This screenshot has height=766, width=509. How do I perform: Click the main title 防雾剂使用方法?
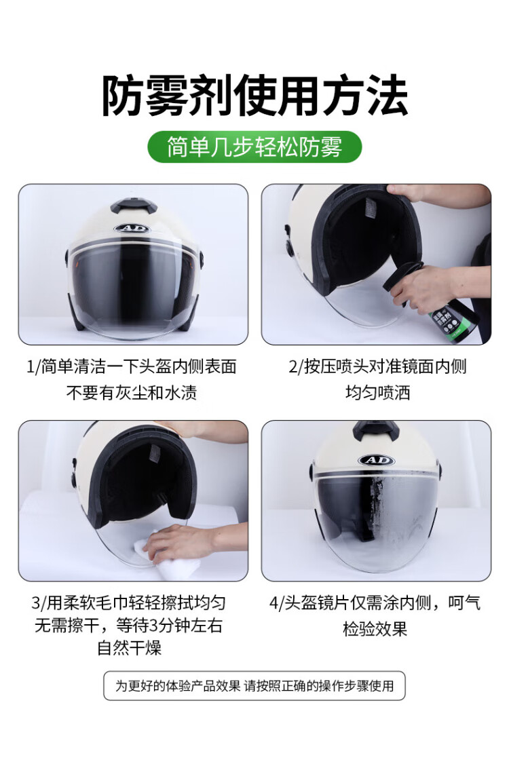pyautogui.click(x=254, y=95)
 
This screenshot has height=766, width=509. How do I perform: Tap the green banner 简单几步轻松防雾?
pyautogui.click(x=254, y=147)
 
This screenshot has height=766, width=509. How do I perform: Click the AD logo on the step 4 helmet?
pyautogui.click(x=376, y=460)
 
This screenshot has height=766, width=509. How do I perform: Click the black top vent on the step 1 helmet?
pyautogui.click(x=133, y=208)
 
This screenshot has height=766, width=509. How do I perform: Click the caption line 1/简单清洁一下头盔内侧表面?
pyautogui.click(x=132, y=366)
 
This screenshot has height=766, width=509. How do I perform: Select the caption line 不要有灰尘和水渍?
pyautogui.click(x=132, y=392)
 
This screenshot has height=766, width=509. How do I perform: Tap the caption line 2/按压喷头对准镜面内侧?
pyautogui.click(x=377, y=366)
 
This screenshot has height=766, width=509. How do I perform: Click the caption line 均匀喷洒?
pyautogui.click(x=377, y=392)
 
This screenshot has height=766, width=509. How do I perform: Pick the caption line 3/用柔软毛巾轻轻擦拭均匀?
pyautogui.click(x=128, y=603)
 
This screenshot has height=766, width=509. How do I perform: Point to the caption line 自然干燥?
pyautogui.click(x=130, y=648)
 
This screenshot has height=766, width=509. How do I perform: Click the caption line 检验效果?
pyautogui.click(x=375, y=629)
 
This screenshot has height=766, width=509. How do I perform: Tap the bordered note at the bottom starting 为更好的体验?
pyautogui.click(x=254, y=685)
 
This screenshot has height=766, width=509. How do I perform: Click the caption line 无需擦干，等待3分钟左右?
pyautogui.click(x=128, y=626)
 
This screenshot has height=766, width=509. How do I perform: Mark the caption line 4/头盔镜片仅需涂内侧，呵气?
pyautogui.click(x=375, y=603)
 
